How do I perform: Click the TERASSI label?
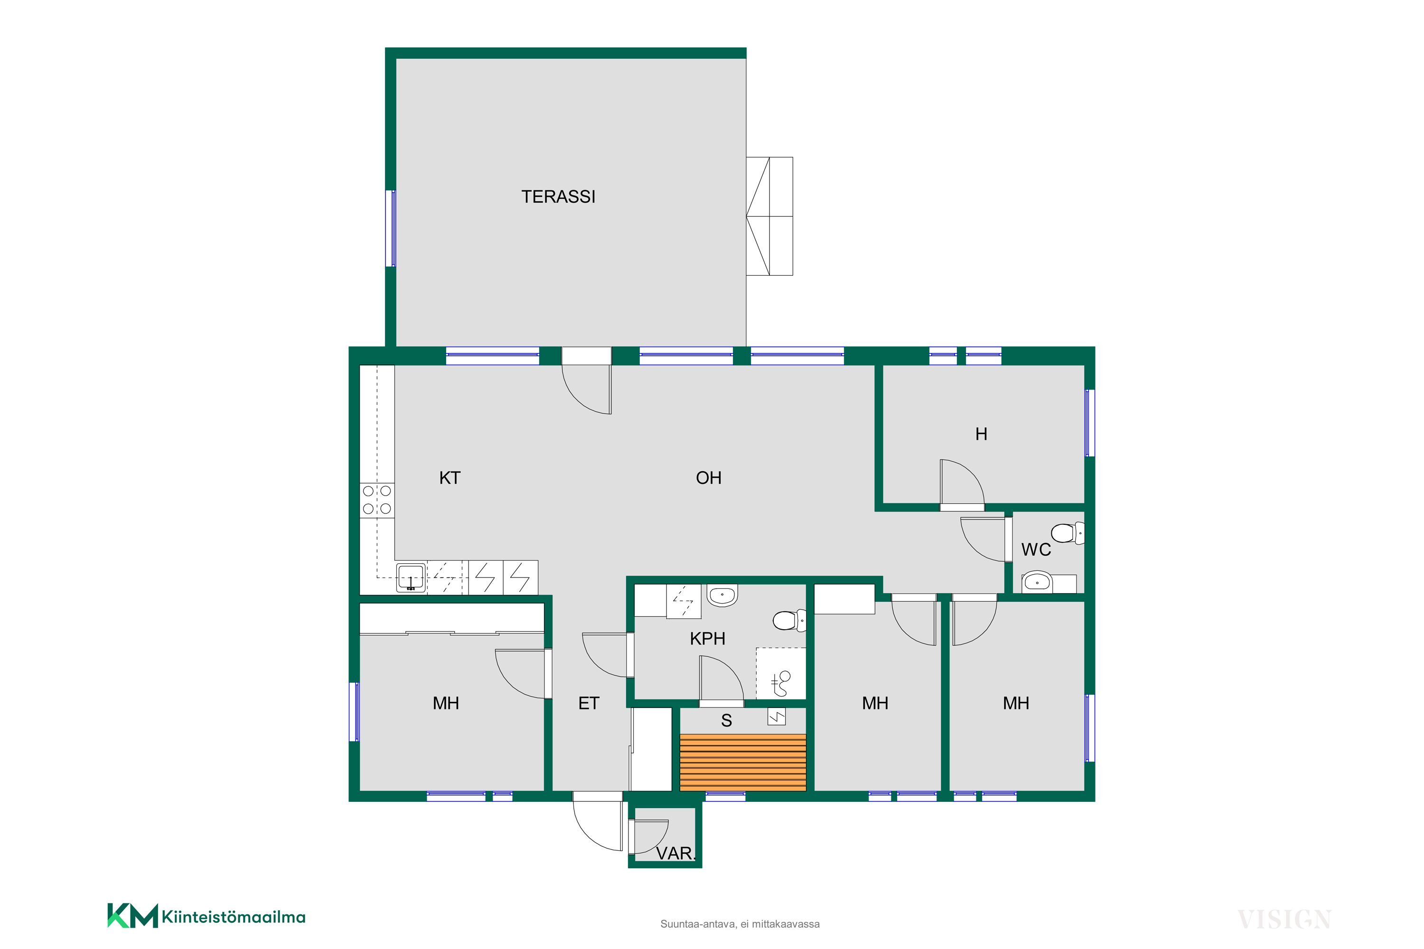558,197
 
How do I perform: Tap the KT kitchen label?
449,478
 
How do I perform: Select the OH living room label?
708,478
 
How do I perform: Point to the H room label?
982,434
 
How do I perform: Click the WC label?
1036,549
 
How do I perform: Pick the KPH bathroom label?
707,639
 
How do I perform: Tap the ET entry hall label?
589,703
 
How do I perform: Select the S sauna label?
727,721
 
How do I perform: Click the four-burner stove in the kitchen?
376,500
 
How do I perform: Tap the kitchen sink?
411,578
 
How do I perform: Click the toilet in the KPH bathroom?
789,620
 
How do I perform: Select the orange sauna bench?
743,762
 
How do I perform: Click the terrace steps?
769,216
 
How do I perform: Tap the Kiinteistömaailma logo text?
233,918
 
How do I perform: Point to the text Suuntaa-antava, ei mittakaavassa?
740,924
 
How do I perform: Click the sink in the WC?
1037,583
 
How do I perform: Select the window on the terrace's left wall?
392,228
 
